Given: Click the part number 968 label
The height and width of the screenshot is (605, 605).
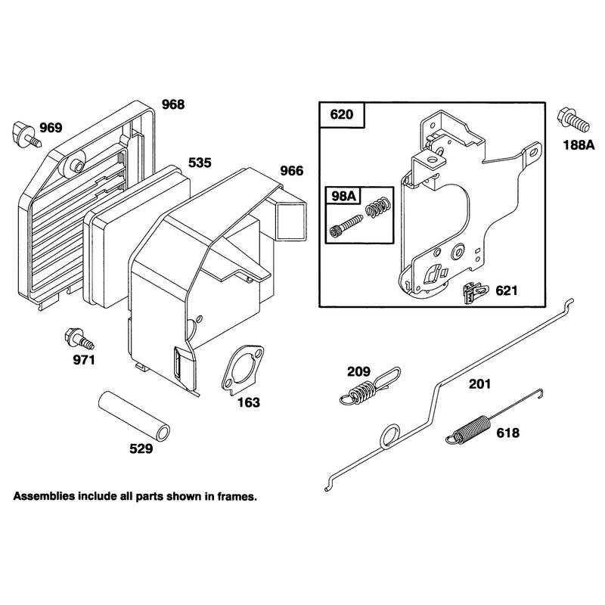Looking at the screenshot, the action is [x=173, y=104].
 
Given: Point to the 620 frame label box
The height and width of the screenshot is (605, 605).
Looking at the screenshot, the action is [x=342, y=115].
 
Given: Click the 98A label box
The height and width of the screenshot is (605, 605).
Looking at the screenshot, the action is [x=343, y=196].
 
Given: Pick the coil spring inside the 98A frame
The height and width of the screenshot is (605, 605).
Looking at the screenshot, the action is [x=378, y=207].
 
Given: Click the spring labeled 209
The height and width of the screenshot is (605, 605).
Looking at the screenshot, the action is [x=371, y=387].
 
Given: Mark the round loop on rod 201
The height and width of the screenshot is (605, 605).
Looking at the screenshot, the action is [x=390, y=436].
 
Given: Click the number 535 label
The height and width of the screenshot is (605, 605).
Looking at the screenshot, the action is [x=200, y=163].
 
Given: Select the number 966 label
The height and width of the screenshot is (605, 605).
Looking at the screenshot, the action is [x=292, y=171].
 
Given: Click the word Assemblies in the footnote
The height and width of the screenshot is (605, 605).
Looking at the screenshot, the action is [x=44, y=496].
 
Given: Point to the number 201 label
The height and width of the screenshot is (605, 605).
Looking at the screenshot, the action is [x=480, y=384].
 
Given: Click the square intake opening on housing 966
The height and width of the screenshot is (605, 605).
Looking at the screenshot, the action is [x=292, y=220].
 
